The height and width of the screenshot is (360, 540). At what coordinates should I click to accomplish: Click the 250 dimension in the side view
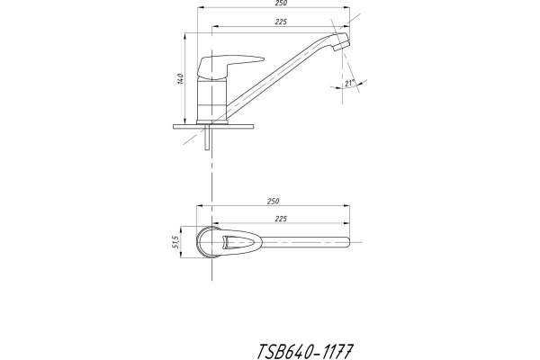coord(282,3)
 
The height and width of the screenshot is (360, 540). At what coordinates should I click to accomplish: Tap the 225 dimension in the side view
coord(281,22)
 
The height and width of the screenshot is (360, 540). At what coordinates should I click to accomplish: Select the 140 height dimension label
coord(180,79)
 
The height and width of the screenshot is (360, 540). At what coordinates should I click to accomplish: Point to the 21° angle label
coord(350,83)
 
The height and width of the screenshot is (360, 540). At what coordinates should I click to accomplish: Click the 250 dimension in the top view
coord(273,202)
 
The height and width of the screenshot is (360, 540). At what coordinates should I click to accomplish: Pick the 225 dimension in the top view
coord(281,219)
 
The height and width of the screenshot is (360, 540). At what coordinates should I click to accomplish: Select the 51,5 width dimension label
coord(175,242)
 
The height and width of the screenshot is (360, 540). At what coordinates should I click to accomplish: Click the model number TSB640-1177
coord(305,351)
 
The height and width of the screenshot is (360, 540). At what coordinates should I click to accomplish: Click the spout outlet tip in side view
coord(342,41)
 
